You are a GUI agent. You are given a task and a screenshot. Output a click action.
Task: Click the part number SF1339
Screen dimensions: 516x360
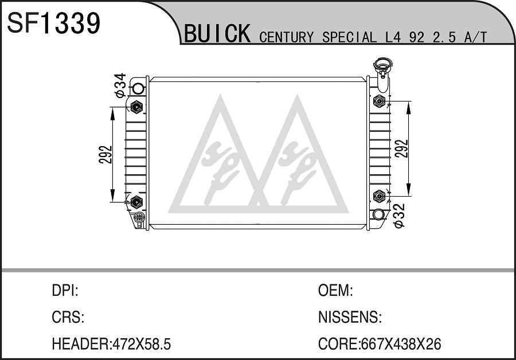53,23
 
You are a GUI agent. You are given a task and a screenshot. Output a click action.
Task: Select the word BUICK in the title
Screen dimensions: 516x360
217,34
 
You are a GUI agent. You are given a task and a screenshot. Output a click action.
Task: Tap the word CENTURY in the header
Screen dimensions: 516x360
286,37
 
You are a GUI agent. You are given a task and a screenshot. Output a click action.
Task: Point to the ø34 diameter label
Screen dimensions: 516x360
120,85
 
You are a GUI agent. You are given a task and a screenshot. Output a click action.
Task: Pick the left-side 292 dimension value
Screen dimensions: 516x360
105,154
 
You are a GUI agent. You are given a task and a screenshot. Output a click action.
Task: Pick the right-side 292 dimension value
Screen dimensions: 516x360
402,148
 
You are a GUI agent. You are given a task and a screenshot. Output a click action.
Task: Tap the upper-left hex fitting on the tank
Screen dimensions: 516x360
136,107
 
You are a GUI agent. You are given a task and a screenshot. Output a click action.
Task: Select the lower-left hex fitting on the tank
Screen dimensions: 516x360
136,202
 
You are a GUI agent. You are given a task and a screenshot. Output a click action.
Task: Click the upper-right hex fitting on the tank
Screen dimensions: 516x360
380,101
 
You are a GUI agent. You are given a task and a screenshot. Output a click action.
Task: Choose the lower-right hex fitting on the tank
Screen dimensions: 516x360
380,196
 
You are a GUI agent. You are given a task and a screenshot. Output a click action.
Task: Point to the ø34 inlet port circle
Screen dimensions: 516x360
138,88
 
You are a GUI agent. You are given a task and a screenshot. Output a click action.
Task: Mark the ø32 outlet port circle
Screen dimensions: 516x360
378,214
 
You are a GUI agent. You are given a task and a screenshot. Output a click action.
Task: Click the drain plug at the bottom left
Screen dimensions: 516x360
139,218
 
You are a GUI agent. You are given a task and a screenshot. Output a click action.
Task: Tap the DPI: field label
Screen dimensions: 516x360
65,290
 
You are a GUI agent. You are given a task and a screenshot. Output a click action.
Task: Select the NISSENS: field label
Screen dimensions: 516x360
350,317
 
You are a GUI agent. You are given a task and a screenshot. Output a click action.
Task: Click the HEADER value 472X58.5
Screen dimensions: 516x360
142,344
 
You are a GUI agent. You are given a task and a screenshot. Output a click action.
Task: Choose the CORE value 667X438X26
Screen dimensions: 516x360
401,344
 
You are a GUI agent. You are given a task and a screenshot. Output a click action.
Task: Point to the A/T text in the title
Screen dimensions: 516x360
475,37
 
